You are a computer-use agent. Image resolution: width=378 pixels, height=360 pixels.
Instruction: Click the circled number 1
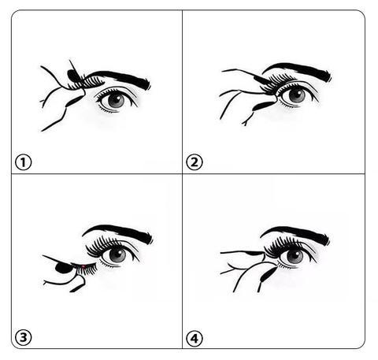pyautogui.click(x=23, y=162)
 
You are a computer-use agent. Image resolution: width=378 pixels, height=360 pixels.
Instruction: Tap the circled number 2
pyautogui.click(x=195, y=162)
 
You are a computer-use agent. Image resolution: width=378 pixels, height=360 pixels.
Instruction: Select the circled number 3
pyautogui.click(x=23, y=337)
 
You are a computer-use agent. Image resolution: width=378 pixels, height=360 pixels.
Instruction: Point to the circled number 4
pyautogui.click(x=195, y=338)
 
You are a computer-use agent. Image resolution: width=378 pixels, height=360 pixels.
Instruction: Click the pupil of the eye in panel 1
pyautogui.click(x=116, y=100)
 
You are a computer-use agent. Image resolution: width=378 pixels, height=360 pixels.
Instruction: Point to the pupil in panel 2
pyautogui.click(x=297, y=95)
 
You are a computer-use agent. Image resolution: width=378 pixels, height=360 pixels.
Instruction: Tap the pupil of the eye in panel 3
pyautogui.click(x=117, y=254)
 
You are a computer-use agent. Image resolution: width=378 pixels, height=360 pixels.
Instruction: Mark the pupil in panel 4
pyautogui.click(x=295, y=256)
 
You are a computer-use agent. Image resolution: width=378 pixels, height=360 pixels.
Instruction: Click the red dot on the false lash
pyautogui.click(x=83, y=267)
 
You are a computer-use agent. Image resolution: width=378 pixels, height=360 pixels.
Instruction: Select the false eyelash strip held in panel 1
pyautogui.click(x=87, y=82)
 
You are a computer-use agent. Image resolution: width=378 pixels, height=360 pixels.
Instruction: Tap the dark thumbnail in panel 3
pyautogui.click(x=62, y=268)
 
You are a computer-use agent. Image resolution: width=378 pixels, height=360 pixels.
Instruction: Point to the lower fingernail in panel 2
pyautogui.click(x=262, y=106)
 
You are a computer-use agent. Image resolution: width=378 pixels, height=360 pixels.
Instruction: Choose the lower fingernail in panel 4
pyautogui.click(x=268, y=274)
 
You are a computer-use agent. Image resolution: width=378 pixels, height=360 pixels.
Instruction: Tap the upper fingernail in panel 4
pyautogui.click(x=254, y=254)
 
